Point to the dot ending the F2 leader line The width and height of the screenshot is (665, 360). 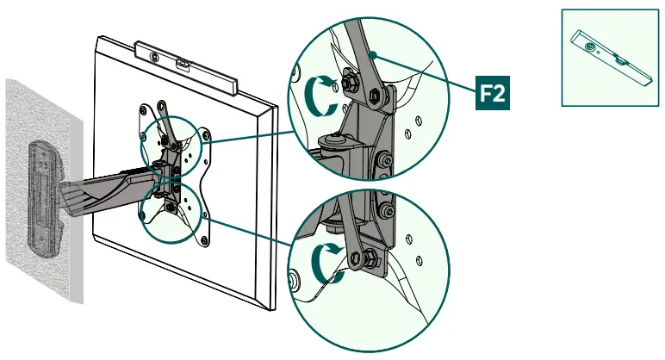(x=371, y=54)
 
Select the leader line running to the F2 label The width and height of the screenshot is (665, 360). (x=426, y=73)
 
